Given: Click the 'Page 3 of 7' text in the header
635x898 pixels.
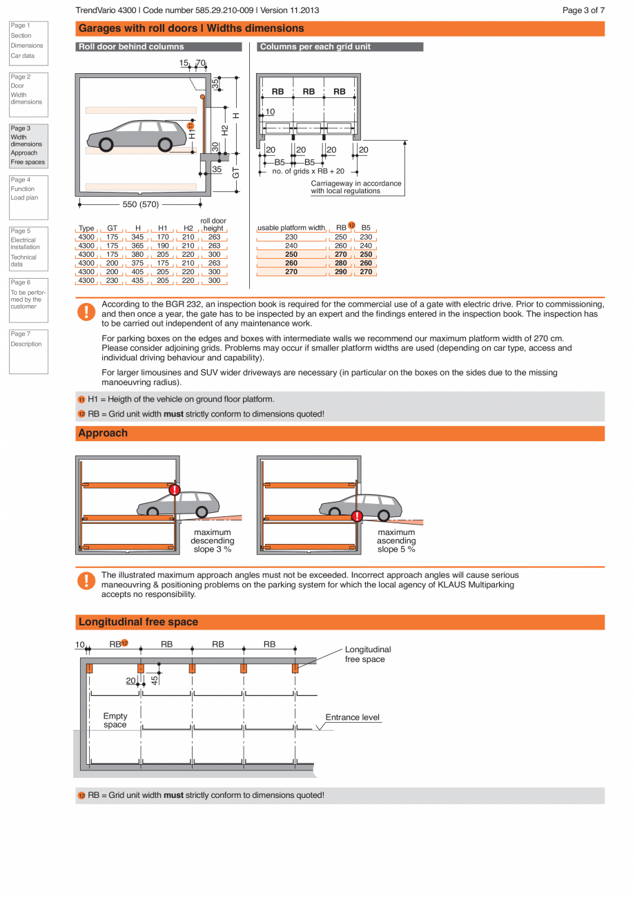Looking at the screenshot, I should click(583, 10).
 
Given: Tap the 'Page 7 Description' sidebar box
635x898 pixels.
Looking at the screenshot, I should click(28, 351).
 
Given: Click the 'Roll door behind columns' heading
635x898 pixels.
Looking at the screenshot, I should click(131, 47).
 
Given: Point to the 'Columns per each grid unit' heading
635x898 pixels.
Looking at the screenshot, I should click(315, 47).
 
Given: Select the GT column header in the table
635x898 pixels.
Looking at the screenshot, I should click(113, 228).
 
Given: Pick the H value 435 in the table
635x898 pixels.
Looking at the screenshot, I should click(138, 281).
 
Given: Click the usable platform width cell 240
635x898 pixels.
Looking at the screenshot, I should click(291, 246).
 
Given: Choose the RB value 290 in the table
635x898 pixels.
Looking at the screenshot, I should click(341, 272).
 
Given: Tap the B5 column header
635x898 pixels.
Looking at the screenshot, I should click(366, 228).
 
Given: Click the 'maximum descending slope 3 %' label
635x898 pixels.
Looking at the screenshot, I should click(212, 540).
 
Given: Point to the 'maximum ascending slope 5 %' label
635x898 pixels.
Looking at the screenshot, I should click(396, 540).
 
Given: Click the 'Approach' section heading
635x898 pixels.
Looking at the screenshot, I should click(103, 433).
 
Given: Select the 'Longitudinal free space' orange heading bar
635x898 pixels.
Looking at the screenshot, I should click(340, 622).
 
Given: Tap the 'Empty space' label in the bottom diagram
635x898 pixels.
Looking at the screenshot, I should click(115, 720).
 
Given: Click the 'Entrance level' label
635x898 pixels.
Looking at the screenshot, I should click(353, 717).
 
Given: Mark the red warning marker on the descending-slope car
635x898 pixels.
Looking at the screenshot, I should click(175, 490).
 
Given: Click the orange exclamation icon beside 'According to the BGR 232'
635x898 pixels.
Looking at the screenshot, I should click(86, 312).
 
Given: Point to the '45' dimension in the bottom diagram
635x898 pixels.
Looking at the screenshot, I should click(155, 679).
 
